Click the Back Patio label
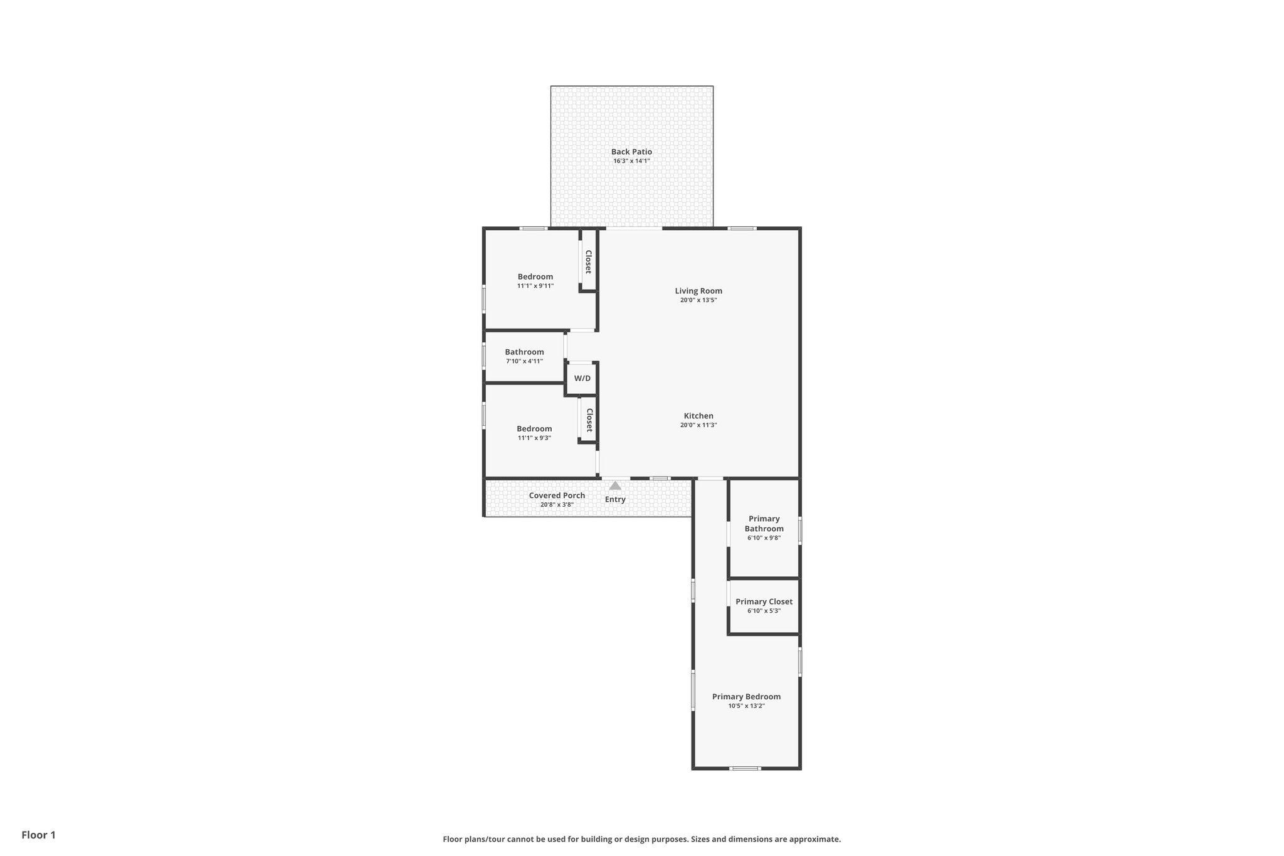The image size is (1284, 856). coord(631,152)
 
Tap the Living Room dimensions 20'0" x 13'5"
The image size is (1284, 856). coord(698,300)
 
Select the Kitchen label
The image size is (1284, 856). coord(698,416)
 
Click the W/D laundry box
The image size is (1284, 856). coord(582,379)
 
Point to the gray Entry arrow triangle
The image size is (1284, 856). coord(615,485)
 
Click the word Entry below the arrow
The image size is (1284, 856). coord(615,500)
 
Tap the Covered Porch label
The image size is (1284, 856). coord(557,495)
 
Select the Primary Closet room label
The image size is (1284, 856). coord(764,602)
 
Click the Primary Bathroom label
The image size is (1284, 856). coord(764,524)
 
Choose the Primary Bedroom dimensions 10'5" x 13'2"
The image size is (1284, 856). coord(746,706)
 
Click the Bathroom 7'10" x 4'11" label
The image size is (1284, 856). coord(524,352)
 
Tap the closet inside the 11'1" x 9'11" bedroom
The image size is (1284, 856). coord(588,262)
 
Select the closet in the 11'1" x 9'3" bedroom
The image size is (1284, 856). coord(589,420)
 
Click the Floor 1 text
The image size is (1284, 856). coord(38,835)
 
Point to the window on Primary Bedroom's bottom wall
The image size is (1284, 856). coord(745,768)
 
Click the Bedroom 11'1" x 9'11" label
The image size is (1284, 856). coord(535,277)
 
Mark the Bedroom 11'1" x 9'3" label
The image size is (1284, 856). coord(534,429)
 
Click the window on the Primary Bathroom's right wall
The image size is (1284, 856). coord(800,530)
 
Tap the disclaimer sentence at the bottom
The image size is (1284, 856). coord(641,839)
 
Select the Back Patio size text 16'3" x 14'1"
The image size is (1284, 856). coord(631,161)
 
